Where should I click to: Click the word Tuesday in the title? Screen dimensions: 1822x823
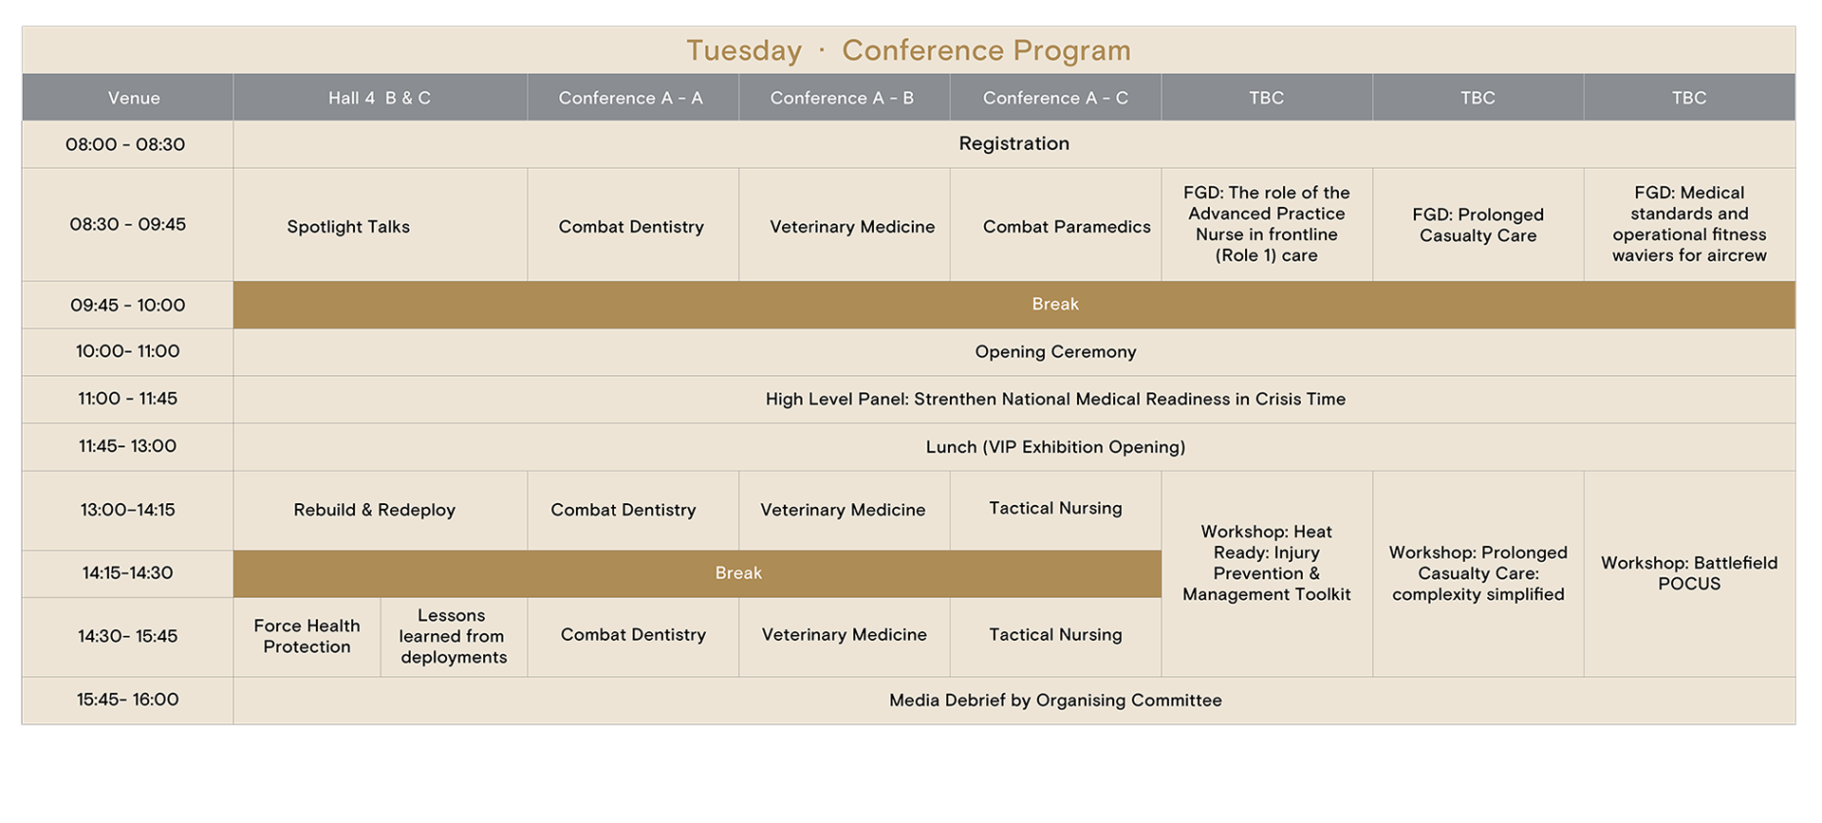[744, 50]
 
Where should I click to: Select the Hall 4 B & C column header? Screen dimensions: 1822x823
[380, 98]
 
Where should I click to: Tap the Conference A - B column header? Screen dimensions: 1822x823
[843, 98]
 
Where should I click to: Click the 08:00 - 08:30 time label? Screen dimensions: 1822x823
[125, 144]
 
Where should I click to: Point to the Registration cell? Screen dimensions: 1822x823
[1013, 143]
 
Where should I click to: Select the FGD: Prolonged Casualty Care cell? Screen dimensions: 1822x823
[1478, 225]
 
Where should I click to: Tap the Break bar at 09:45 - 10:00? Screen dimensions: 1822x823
[1014, 305]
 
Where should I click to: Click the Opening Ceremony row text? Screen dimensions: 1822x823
[1055, 352]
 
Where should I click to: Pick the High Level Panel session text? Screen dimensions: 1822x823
[1055, 400]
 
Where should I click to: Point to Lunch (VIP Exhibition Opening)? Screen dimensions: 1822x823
[1055, 447]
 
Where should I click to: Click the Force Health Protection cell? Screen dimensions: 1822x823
[307, 636]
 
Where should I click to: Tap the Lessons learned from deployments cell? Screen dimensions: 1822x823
[453, 636]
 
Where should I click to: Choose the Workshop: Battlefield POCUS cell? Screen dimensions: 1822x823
[1689, 573]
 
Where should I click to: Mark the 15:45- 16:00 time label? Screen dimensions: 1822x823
[127, 700]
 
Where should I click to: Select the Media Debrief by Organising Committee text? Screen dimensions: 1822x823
[1055, 701]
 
